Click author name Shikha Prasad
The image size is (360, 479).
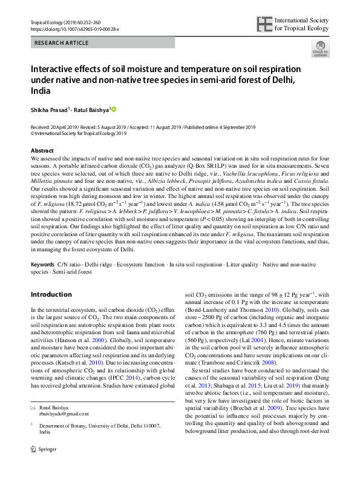click(x=49, y=110)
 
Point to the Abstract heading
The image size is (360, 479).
click(x=42, y=150)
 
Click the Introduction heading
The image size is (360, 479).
click(x=51, y=294)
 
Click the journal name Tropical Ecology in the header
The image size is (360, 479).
click(x=49, y=22)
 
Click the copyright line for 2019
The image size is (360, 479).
click(x=78, y=133)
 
